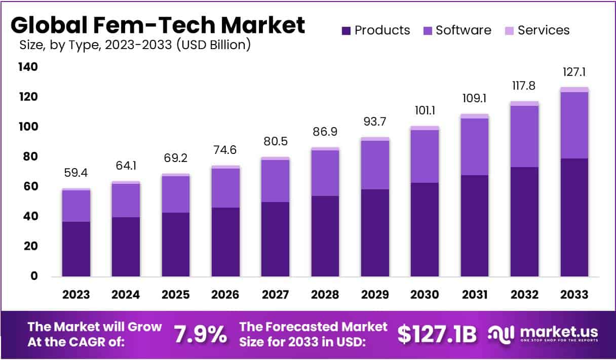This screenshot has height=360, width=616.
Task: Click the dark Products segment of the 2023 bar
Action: [x=76, y=249]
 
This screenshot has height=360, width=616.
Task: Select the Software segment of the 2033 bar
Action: [x=574, y=125]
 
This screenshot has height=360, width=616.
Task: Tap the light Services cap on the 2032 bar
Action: [x=524, y=103]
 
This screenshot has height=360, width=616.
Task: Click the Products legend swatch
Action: [x=346, y=30]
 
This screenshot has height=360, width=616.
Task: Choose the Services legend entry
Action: [x=543, y=30]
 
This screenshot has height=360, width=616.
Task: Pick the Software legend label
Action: [x=463, y=30]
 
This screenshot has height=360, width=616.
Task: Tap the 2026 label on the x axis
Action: [x=225, y=295]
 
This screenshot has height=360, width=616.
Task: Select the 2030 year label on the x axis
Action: [x=425, y=295]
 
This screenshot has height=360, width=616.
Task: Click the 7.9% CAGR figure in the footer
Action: [x=200, y=334]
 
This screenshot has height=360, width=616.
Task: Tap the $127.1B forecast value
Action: [x=437, y=334]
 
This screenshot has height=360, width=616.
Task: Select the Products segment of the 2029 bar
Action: [x=375, y=233]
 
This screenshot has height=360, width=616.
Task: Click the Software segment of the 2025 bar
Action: [x=175, y=194]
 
